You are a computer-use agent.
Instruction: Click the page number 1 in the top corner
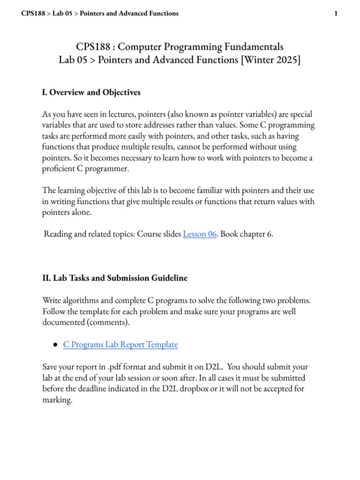pos(336,14)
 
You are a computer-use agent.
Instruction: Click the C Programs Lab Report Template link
pos(120,345)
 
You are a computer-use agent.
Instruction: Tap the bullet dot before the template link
pos(55,345)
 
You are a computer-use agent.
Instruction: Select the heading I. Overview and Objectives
pos(91,92)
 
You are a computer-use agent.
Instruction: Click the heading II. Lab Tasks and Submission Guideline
pos(115,278)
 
